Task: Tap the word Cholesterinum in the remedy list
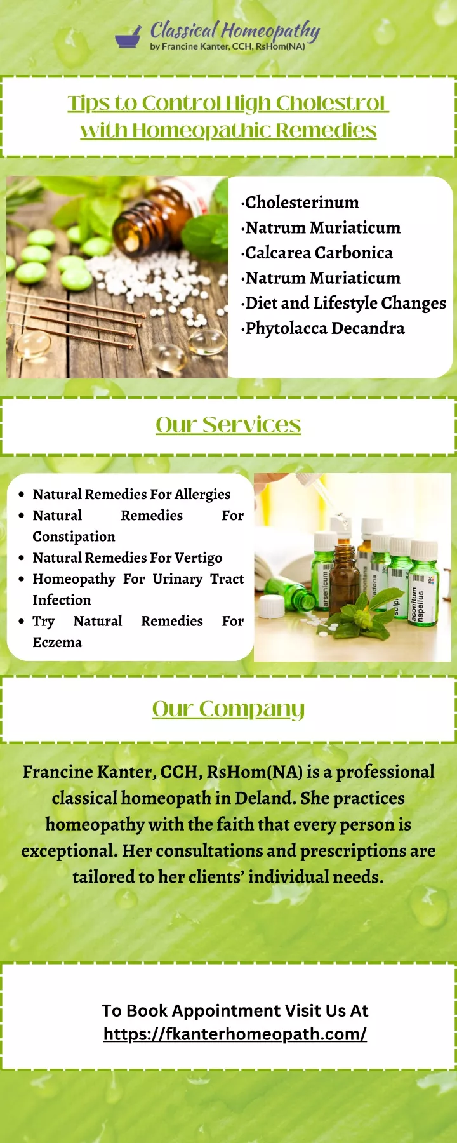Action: [x=301, y=203]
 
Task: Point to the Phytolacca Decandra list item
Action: [x=323, y=328]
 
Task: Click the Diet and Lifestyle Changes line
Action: [x=344, y=304]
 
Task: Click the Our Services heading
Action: [x=228, y=425]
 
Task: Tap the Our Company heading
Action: [x=228, y=709]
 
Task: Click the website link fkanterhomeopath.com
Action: [x=235, y=1034]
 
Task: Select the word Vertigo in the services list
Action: [x=198, y=558]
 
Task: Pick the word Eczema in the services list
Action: [x=57, y=643]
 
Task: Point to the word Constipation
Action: [x=74, y=537]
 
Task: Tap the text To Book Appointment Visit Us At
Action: [x=235, y=1011]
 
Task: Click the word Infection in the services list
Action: [x=62, y=600]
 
